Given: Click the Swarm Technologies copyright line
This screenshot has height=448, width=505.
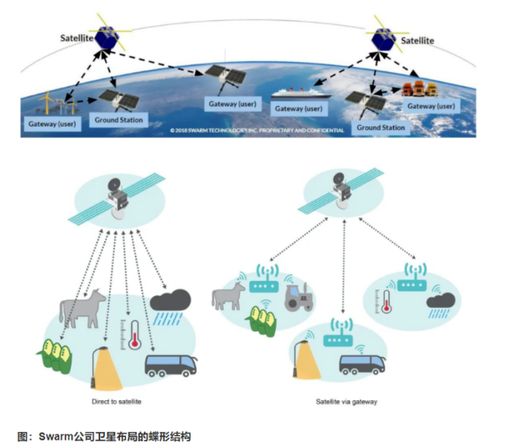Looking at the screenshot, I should pos(256,132).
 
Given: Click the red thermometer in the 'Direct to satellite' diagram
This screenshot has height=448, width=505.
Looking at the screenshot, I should pos(133,332).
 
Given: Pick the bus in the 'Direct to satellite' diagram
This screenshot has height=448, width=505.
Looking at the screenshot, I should pos(171,366).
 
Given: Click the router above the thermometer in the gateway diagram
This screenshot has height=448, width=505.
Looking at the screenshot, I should pos(410,285).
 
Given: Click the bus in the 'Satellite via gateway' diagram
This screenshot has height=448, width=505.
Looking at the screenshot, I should pos(360,365).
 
